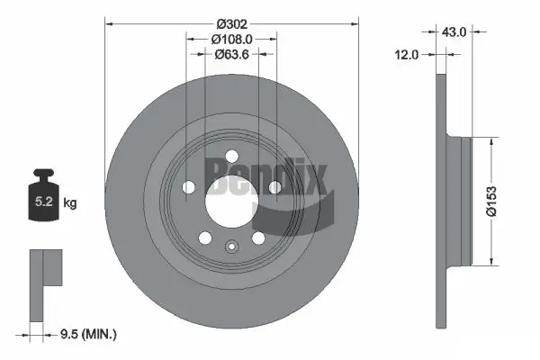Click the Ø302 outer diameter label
(231, 15)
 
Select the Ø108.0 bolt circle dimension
(230, 40)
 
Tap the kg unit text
(70, 203)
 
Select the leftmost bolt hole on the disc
(190, 187)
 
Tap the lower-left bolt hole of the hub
(206, 238)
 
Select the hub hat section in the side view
(459, 201)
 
